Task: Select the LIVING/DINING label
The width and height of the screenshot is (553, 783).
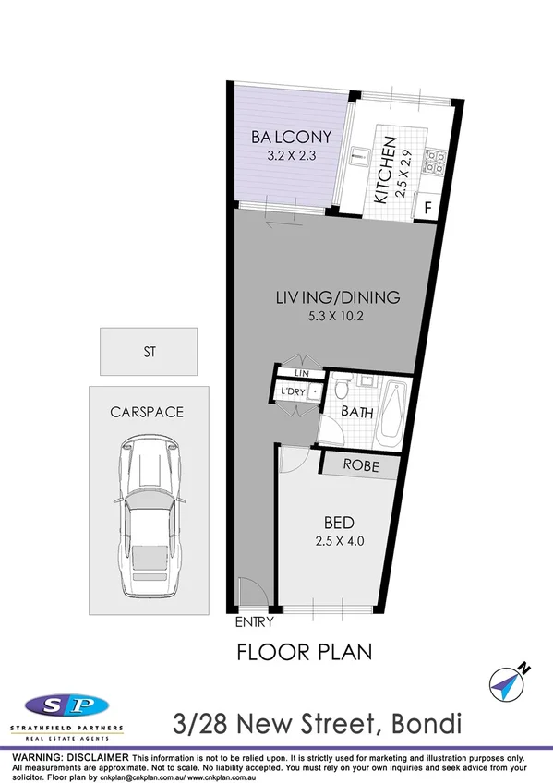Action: [x=337, y=297]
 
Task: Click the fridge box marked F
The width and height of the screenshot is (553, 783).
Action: [x=427, y=208]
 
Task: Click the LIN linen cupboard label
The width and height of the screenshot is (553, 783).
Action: [x=301, y=372]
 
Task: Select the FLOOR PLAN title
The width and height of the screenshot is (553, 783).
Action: [x=305, y=652]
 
